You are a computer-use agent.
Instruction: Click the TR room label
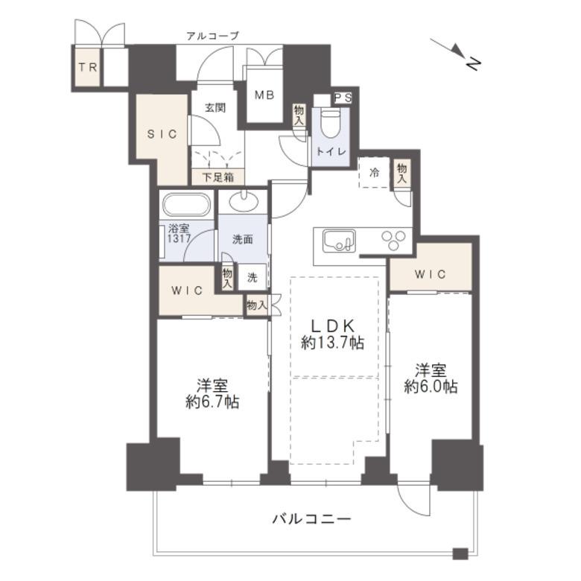click(88, 68)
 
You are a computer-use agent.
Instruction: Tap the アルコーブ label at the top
click(213, 36)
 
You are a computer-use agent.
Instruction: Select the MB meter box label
click(264, 95)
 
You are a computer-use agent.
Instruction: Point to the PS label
click(343, 98)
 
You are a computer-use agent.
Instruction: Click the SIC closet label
click(162, 134)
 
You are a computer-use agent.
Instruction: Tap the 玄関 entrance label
click(215, 108)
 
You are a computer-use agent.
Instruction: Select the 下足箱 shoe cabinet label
click(218, 177)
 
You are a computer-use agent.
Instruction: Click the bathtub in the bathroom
click(187, 205)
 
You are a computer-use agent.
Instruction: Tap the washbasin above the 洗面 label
click(244, 202)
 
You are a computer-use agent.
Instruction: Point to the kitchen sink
click(339, 241)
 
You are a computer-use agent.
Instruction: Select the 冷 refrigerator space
click(374, 172)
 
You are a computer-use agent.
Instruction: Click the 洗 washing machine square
click(252, 277)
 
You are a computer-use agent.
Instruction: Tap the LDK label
click(333, 326)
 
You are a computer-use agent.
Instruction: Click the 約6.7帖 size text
click(212, 402)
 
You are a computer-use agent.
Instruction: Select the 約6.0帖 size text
click(431, 387)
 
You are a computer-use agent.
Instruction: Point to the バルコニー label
click(312, 518)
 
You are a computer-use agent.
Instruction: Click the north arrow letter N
click(473, 63)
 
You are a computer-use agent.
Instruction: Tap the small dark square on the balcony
click(460, 553)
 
